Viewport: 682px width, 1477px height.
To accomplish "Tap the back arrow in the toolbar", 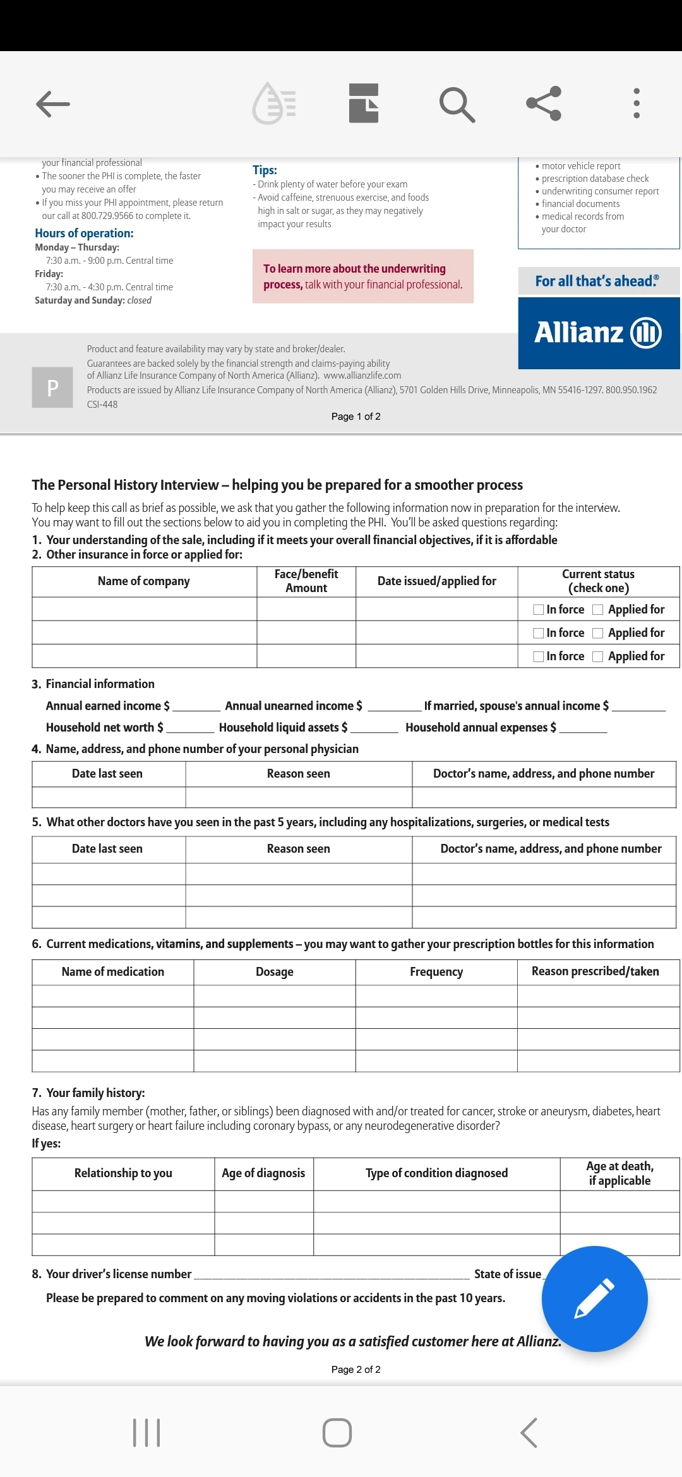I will [x=53, y=104].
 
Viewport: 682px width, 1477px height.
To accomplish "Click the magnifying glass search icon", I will [x=457, y=104].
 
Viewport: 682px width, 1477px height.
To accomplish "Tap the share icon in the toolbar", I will [x=544, y=104].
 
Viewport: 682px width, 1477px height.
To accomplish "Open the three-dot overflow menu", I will [x=637, y=104].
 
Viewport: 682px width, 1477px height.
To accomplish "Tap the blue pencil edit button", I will [x=594, y=1298].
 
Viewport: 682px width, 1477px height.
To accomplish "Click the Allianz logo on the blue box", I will [x=598, y=333].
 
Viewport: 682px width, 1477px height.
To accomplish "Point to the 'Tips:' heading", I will [x=265, y=170].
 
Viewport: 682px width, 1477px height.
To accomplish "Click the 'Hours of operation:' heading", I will [x=84, y=234].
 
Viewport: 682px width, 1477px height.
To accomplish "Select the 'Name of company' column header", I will [x=144, y=581].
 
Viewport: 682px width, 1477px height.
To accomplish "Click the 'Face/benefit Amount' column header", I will [x=306, y=581].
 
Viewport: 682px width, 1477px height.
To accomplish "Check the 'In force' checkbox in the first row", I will [x=539, y=610].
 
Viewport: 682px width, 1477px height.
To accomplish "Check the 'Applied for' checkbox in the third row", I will [x=598, y=656].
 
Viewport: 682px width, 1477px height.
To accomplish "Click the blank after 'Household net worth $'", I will [x=190, y=728].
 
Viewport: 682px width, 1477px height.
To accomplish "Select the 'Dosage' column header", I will [x=274, y=972].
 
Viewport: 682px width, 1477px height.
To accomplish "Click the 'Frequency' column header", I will [x=436, y=972].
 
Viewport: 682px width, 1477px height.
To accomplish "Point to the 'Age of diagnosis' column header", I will [x=263, y=1173].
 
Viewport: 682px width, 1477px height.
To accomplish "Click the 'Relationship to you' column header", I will [x=123, y=1173].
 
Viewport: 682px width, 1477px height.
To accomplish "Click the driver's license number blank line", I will [x=332, y=1275].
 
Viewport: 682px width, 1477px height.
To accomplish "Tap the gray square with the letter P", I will [x=52, y=388].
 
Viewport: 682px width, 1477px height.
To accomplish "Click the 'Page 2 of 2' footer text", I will [x=356, y=1370].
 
